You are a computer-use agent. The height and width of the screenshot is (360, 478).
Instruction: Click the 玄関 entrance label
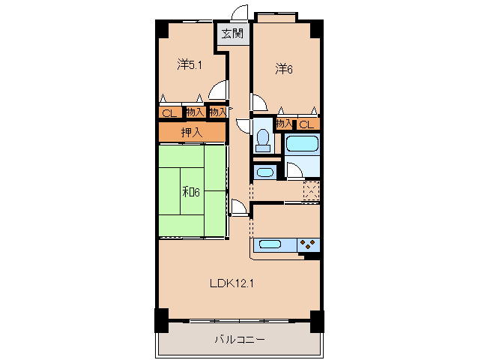(x=232, y=33)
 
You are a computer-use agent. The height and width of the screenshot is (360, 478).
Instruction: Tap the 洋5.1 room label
(x=190, y=64)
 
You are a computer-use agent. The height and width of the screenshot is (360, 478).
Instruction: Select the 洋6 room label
(x=284, y=69)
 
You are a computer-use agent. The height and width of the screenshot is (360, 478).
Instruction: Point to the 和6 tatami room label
(x=191, y=192)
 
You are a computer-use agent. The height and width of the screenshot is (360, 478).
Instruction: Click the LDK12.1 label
(x=232, y=283)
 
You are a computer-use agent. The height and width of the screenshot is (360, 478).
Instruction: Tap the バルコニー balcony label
(x=240, y=339)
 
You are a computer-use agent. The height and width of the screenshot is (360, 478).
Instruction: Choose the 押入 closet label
(x=192, y=132)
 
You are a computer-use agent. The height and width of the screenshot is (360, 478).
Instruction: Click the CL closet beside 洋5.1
(x=169, y=113)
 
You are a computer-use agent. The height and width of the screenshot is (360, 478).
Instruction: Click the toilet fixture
(x=262, y=140)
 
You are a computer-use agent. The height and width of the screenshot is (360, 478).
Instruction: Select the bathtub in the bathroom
(x=303, y=144)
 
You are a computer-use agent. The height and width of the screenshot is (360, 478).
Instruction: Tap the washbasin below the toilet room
(x=265, y=172)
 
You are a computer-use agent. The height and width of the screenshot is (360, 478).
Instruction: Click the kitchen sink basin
(x=270, y=244)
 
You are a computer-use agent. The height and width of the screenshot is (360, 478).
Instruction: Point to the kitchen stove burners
(x=307, y=244)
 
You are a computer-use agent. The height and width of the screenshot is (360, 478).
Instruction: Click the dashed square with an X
(x=311, y=190)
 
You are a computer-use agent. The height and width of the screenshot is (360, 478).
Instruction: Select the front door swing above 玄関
(x=239, y=13)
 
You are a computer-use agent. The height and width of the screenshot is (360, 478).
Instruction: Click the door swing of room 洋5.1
(x=218, y=90)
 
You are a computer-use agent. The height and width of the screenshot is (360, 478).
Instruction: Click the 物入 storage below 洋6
(x=284, y=124)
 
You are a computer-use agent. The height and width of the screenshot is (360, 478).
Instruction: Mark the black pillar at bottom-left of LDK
(x=162, y=320)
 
